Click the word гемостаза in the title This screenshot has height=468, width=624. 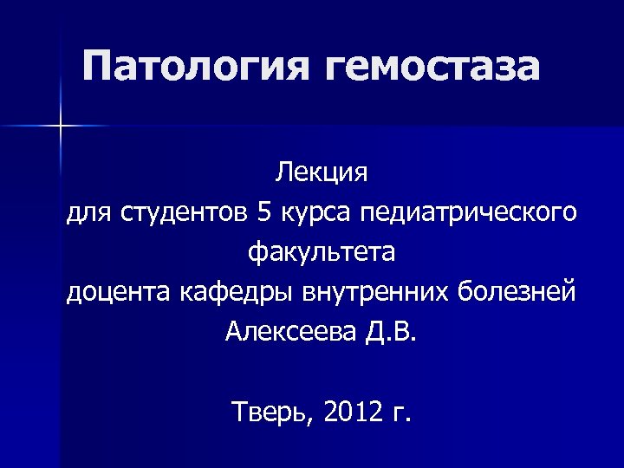tap(432, 67)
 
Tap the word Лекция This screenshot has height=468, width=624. tap(322, 172)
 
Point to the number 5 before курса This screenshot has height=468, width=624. tap(264, 211)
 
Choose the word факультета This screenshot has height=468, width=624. tap(322, 252)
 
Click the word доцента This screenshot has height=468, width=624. tap(120, 292)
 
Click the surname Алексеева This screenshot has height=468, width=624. tap(289, 332)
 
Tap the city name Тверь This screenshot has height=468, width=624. tap(270, 412)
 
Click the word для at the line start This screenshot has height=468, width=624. tap(89, 212)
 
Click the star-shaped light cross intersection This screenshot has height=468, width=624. tap(62, 127)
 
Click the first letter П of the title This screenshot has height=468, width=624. tap(101, 67)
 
